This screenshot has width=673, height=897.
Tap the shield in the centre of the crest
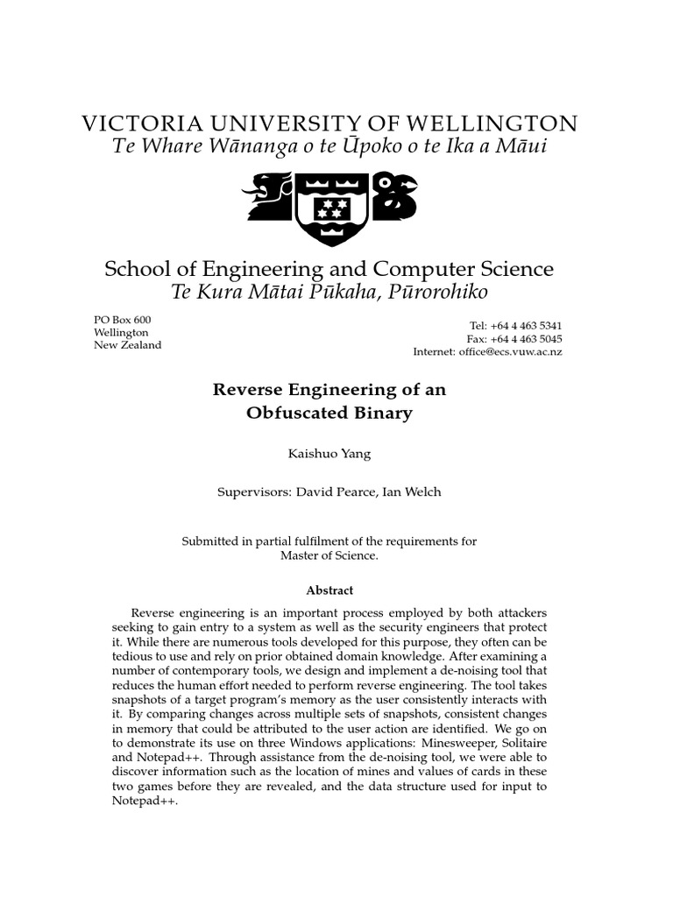pyautogui.click(x=330, y=207)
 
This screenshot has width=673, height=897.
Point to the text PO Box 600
pyautogui.click(x=122, y=320)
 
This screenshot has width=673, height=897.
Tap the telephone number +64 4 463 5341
pyautogui.click(x=528, y=326)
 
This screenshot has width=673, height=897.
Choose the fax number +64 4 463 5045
pyautogui.click(x=528, y=339)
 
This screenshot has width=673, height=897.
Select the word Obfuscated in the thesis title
pyautogui.click(x=292, y=413)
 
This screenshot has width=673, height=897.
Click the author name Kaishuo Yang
pyautogui.click(x=329, y=454)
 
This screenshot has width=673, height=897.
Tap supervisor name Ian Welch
pyautogui.click(x=413, y=492)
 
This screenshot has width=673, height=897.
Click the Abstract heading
pyautogui.click(x=329, y=591)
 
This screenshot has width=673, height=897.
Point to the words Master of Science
pyautogui.click(x=329, y=555)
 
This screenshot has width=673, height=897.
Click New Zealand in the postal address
pyautogui.click(x=128, y=345)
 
